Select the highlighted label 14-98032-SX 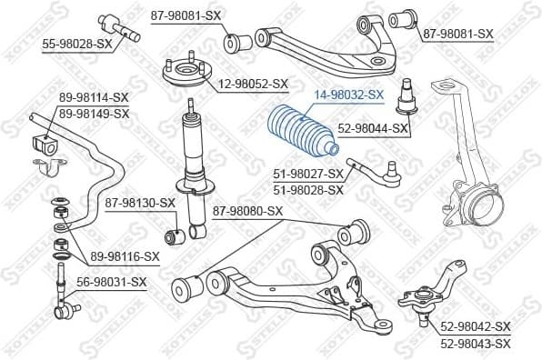click(x=350, y=94)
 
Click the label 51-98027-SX click(x=308, y=174)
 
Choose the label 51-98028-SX click(x=308, y=189)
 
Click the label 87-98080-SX click(x=248, y=212)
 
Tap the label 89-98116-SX click(x=124, y=256)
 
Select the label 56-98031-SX click(x=110, y=282)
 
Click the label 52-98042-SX click(x=476, y=326)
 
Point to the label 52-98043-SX click(x=476, y=343)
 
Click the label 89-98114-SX click(x=95, y=98)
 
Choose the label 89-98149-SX click(x=95, y=113)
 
